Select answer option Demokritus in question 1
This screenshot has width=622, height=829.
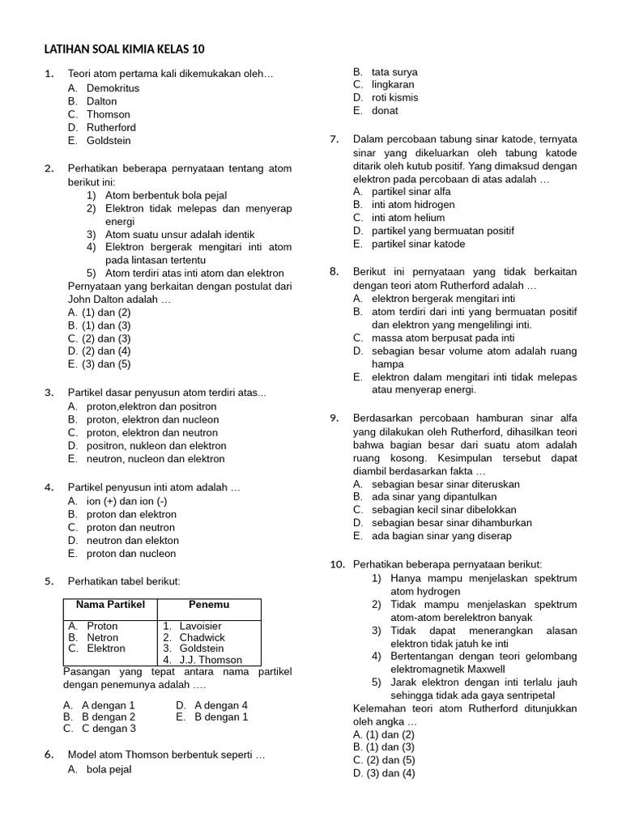coord(113,87)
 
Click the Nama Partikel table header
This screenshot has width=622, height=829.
coord(110,604)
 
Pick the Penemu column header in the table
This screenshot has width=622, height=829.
coord(209,604)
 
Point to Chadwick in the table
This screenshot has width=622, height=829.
coord(202,637)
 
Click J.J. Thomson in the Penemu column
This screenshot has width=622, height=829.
coord(210,660)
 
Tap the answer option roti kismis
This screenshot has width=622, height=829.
coord(394,97)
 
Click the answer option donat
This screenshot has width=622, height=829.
coord(385,110)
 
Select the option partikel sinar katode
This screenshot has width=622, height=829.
coord(418,244)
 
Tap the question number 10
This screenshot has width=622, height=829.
coord(337,564)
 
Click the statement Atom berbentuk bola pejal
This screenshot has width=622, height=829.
coord(166,195)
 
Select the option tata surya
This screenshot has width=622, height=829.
coord(394,71)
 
